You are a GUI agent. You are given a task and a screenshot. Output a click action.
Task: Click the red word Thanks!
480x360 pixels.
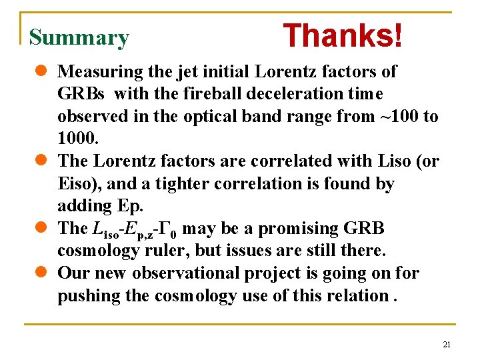(343, 36)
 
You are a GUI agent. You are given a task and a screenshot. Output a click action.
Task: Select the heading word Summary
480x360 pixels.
(79, 38)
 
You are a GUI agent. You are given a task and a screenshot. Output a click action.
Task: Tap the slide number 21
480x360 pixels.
(447, 345)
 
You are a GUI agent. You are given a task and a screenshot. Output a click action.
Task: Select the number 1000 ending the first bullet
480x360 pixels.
(77, 139)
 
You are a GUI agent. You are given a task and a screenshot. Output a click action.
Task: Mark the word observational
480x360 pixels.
(193, 273)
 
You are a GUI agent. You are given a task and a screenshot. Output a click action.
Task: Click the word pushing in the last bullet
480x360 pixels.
(91, 296)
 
